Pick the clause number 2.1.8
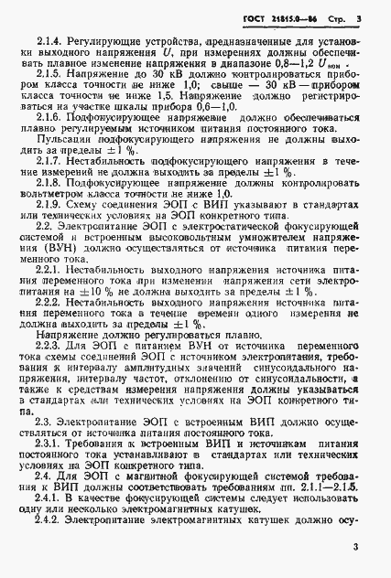(51, 209)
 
